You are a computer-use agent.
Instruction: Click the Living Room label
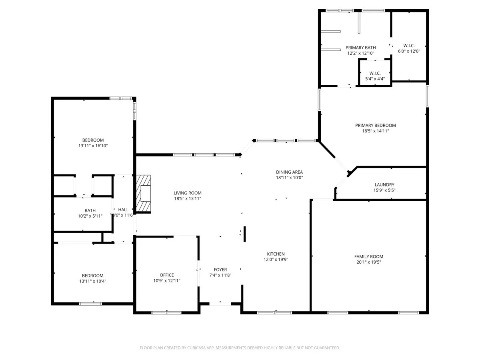click(x=187, y=193)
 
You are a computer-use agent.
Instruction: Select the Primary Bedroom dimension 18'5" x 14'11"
click(x=375, y=131)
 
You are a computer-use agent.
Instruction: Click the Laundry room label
click(x=384, y=185)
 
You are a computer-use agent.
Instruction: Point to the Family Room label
click(x=368, y=257)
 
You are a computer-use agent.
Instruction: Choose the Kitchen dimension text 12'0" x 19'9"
click(x=276, y=259)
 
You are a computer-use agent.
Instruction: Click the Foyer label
click(x=220, y=270)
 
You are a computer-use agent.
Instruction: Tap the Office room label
click(x=167, y=275)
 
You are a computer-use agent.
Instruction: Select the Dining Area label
click(x=289, y=172)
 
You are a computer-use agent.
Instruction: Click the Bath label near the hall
click(x=90, y=210)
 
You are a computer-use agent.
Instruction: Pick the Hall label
click(x=123, y=210)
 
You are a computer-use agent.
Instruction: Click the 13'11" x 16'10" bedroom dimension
click(x=93, y=146)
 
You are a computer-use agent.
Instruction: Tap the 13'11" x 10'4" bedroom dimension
click(x=92, y=281)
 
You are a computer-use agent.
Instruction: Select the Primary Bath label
click(x=360, y=48)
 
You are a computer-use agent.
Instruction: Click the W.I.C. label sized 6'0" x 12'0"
click(x=408, y=46)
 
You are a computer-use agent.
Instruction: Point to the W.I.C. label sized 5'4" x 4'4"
click(x=375, y=73)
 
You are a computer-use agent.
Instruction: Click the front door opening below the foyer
click(x=220, y=304)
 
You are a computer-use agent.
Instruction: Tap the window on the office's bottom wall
click(x=166, y=312)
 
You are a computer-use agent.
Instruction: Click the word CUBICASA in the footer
click(x=197, y=348)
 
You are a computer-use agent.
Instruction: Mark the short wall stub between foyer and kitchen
click(x=244, y=234)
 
